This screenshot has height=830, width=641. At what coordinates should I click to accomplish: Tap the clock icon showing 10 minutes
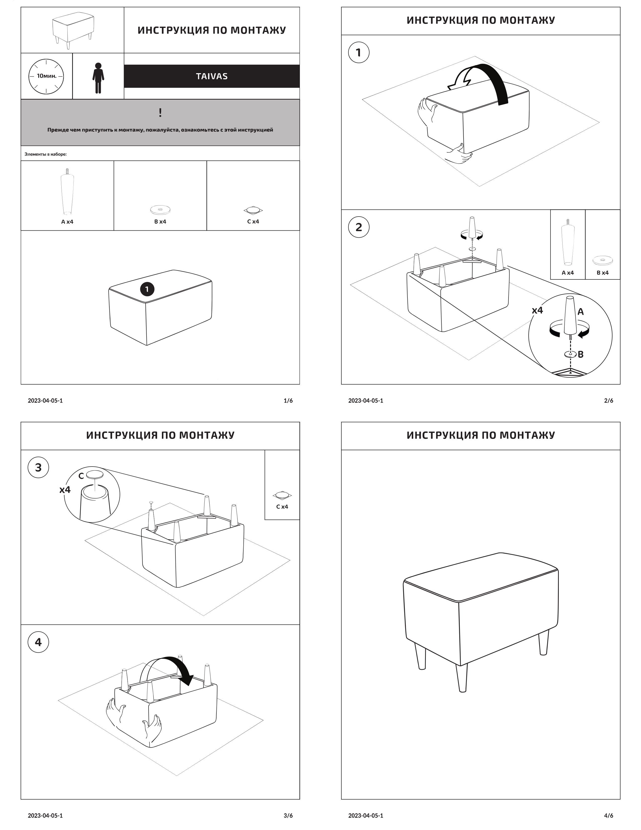point(46,76)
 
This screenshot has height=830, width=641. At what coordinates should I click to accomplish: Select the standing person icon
point(98,78)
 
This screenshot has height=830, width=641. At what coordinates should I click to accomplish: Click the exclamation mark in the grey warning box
point(160,112)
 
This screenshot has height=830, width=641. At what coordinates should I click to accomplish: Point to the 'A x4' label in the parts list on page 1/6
point(67,222)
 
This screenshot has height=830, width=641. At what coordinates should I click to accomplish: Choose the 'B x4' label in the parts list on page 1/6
point(160,222)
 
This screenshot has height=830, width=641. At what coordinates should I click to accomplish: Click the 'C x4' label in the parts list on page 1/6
point(253,222)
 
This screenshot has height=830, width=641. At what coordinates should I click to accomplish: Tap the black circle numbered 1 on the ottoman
point(147,289)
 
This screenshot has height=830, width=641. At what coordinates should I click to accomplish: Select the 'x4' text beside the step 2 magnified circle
point(537,310)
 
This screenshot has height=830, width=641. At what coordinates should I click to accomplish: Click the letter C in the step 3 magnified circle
point(81,476)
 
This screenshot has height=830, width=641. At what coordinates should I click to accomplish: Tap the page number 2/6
point(608,401)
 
